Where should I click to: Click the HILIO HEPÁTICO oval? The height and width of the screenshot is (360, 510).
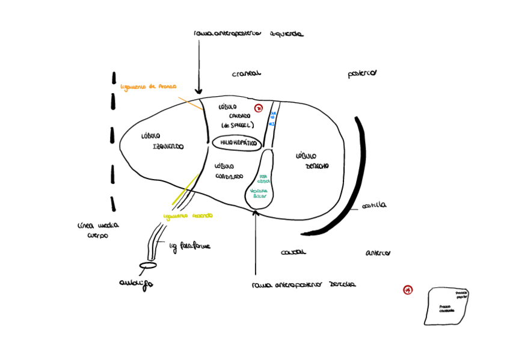tap(235, 143)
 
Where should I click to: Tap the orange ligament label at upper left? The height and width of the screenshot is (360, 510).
tap(149, 87)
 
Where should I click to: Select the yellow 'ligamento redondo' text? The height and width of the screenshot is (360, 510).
tap(188, 216)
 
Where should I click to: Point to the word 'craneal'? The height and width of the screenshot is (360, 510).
tap(247, 74)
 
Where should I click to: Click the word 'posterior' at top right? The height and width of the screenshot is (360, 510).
tap(362, 74)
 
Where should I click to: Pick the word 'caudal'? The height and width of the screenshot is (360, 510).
tap(293, 252)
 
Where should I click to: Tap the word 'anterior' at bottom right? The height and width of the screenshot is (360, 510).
tap(378, 252)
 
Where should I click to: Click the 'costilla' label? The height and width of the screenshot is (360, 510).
tap(374, 206)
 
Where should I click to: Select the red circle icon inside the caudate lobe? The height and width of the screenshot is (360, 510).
tap(259, 108)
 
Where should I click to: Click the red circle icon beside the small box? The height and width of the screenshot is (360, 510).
tap(408, 290)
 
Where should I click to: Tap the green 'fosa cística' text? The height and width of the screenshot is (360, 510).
tap(264, 178)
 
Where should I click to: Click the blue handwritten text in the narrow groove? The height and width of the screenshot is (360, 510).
tap(272, 117)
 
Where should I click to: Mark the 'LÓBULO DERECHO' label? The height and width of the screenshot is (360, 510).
tap(312, 160)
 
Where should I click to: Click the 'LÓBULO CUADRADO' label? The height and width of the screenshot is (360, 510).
tap(229, 171)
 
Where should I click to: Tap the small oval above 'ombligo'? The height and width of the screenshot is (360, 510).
tap(148, 265)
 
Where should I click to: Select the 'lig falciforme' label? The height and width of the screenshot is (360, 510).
tap(189, 246)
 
